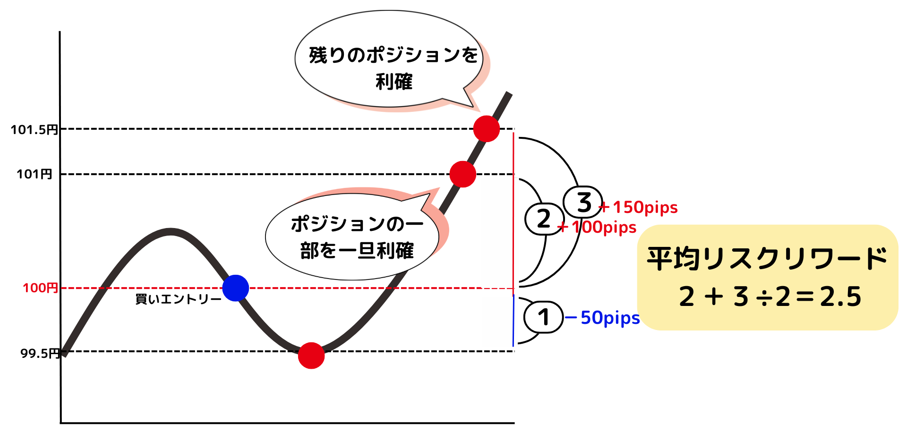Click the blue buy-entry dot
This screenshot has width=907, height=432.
236,288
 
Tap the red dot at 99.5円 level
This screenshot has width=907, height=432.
311,356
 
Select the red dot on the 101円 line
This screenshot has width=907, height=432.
462,174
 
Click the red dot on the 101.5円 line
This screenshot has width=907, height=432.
487,128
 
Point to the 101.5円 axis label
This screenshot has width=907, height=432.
34,130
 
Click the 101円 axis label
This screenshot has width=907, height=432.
34,174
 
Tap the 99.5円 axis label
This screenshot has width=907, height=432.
40,353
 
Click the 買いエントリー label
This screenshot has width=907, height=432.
178,299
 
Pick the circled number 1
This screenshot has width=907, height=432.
543,317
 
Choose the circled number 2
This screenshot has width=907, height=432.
544,219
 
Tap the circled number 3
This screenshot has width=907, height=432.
584,202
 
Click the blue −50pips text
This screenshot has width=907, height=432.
603,318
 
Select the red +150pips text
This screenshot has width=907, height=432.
639,207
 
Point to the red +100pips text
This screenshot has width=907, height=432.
598,228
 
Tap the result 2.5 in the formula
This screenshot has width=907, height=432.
841,297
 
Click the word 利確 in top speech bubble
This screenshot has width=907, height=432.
394,82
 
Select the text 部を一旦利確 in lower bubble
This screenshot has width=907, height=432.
357,250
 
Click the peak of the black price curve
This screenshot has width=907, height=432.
170,231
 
